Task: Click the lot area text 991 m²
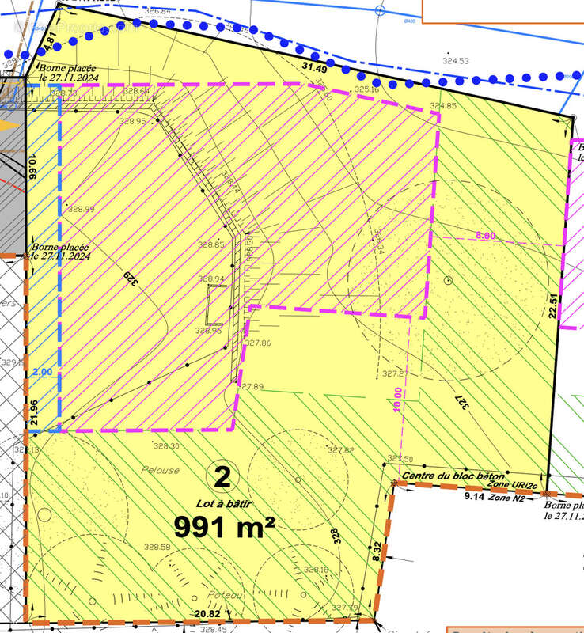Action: click(x=225, y=525)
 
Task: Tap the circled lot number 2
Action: click(x=222, y=476)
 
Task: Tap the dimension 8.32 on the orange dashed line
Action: click(x=377, y=551)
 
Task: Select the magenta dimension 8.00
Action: click(x=485, y=236)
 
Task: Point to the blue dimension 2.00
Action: click(x=43, y=372)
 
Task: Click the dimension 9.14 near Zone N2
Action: click(x=473, y=496)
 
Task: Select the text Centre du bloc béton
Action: click(x=452, y=476)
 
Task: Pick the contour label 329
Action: click(x=128, y=280)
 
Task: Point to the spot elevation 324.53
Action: click(x=456, y=61)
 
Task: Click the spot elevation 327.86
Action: click(x=258, y=343)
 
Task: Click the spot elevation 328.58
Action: click(x=157, y=547)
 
